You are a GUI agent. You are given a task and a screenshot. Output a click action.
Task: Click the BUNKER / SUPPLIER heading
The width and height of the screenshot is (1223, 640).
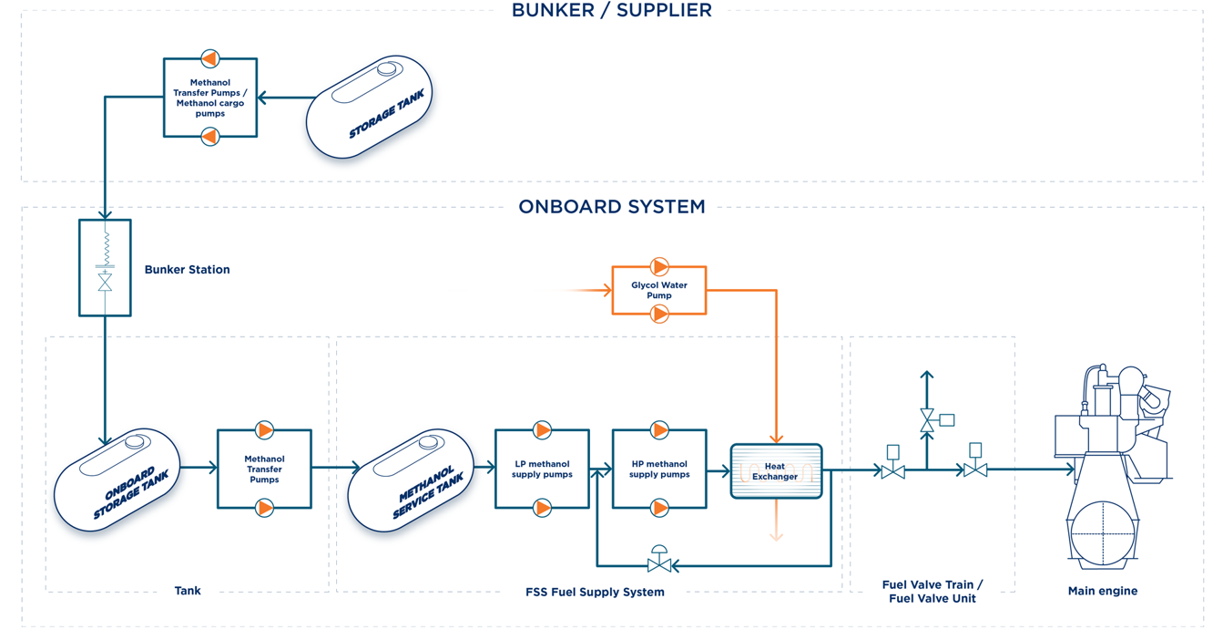[x=611, y=11]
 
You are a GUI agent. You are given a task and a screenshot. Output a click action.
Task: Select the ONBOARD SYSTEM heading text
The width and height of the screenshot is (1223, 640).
[x=611, y=207]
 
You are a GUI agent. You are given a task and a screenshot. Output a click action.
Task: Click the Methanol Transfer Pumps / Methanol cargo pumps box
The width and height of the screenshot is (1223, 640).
[x=209, y=98]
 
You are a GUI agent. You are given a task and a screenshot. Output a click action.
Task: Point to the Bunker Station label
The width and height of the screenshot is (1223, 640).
[x=187, y=270]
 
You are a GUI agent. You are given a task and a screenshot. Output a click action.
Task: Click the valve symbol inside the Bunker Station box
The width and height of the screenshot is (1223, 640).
[x=105, y=282]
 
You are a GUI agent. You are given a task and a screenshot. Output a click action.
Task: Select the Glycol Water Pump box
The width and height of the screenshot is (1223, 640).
[x=658, y=290]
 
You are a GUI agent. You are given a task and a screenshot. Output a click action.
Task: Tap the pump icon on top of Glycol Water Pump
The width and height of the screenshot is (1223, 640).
[x=659, y=267]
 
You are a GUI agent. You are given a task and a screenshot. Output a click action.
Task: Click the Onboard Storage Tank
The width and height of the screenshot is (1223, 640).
[x=117, y=480]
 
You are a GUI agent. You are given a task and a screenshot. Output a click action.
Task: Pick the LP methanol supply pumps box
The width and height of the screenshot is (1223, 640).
[x=542, y=469]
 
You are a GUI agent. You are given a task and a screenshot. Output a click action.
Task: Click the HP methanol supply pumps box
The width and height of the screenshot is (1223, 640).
[x=659, y=469]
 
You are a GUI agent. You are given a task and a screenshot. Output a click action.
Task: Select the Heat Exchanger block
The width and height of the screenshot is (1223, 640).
[x=776, y=471]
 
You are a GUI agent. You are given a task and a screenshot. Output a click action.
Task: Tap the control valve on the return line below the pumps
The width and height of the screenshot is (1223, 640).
[x=659, y=562]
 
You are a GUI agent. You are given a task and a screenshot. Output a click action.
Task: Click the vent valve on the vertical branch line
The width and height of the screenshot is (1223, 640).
[x=928, y=420]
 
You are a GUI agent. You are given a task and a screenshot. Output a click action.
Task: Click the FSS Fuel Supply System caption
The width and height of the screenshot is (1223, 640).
[x=595, y=593]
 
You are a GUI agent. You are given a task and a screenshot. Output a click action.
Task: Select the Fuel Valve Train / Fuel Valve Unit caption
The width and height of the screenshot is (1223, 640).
[x=933, y=592]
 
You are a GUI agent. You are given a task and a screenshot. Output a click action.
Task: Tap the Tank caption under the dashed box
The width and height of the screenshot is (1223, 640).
[x=188, y=591]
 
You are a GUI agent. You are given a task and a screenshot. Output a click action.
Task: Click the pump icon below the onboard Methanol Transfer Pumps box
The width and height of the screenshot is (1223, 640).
[x=264, y=508]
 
